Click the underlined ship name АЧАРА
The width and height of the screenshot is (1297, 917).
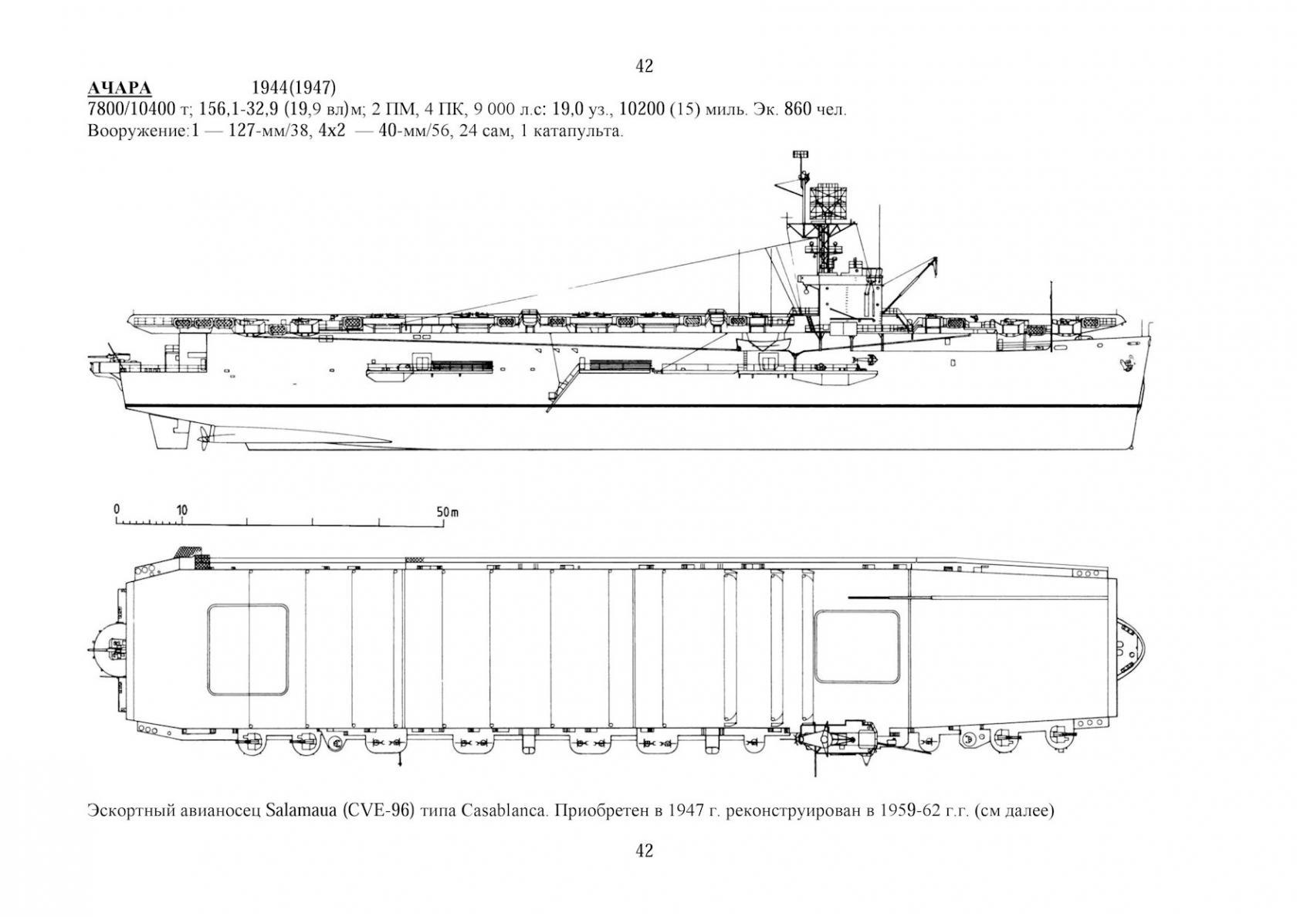(x=119, y=89)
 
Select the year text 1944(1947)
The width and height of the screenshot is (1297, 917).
(x=294, y=88)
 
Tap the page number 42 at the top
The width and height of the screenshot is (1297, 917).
(x=645, y=66)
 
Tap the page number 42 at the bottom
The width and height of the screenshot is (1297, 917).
(x=645, y=851)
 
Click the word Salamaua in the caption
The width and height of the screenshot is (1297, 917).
(x=298, y=811)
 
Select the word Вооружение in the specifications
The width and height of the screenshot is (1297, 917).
(x=137, y=131)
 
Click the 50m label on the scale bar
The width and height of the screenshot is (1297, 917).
(x=448, y=512)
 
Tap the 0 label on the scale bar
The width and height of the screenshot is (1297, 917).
(x=117, y=509)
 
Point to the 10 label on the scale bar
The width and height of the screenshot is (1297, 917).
(x=182, y=511)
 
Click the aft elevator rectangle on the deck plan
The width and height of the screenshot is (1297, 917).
(x=248, y=650)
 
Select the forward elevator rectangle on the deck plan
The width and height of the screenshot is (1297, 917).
(x=857, y=647)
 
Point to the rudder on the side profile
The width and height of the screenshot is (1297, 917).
(x=168, y=431)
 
